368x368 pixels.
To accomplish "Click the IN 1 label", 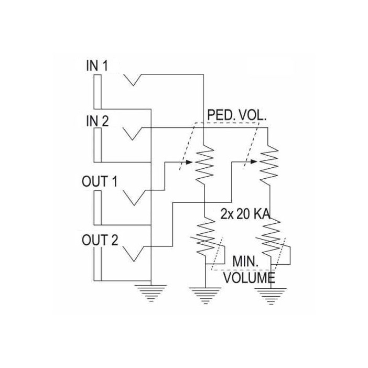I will point(98,67).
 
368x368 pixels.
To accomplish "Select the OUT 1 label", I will point(100,181).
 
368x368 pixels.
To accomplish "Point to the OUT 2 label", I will point(100,241).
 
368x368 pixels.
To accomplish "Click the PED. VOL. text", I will point(237,115).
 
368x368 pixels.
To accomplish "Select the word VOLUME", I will point(249,277).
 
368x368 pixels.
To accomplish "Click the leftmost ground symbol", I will point(150,293).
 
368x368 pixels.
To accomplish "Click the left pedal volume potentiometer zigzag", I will point(204,163).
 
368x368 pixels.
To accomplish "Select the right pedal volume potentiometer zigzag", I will point(269,163).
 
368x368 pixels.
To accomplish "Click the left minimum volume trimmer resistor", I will point(205,236).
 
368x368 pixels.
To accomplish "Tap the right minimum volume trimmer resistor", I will point(270,236).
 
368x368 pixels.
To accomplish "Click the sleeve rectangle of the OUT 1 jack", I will point(98,207).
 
